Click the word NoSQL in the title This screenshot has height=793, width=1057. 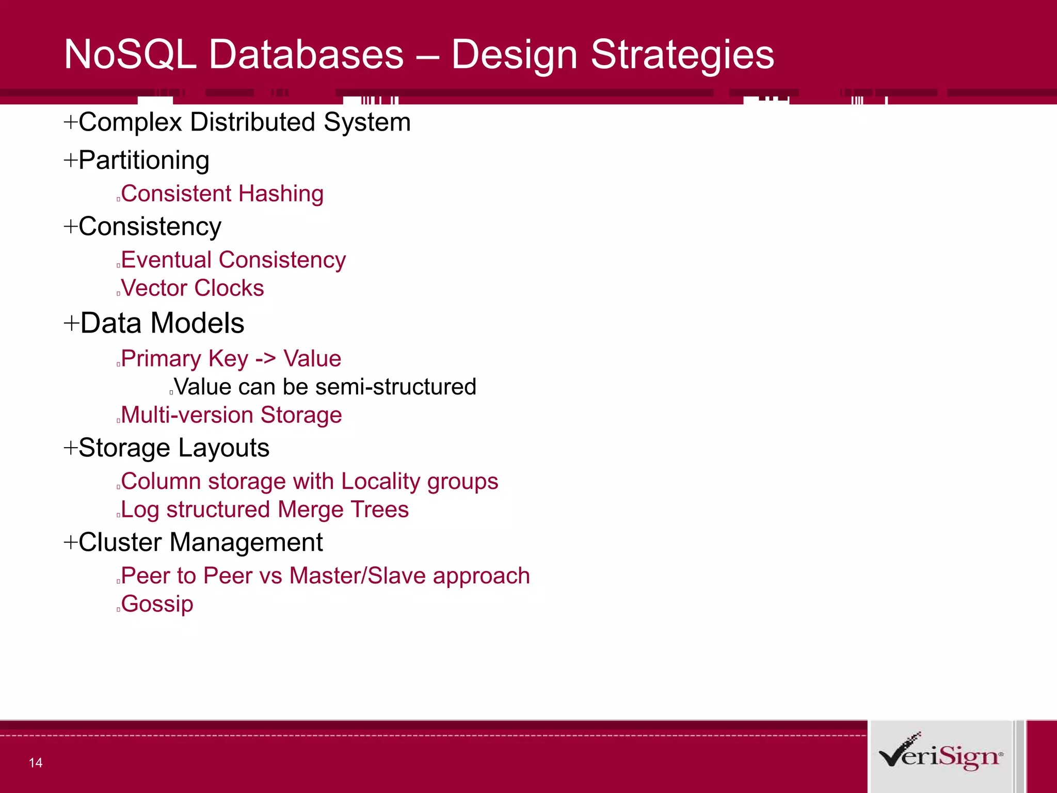click(x=130, y=54)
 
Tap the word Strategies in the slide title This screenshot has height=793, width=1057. click(x=682, y=54)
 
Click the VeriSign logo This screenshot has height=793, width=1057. click(x=940, y=755)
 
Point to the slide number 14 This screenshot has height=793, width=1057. click(x=36, y=763)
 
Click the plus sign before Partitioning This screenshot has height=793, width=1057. click(x=70, y=160)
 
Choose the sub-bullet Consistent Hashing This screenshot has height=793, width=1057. click(x=222, y=194)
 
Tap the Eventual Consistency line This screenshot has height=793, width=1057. click(x=233, y=260)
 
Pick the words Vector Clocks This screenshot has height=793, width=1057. click(x=193, y=288)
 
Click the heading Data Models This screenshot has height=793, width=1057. click(x=162, y=323)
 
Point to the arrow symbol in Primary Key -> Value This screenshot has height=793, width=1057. click(x=265, y=359)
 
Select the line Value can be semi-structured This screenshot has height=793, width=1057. click(x=325, y=387)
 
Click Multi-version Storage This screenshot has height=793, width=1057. click(x=231, y=415)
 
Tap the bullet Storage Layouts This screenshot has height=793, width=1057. click(x=173, y=448)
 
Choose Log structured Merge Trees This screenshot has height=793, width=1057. click(x=265, y=510)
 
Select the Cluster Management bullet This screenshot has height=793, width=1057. click(x=200, y=543)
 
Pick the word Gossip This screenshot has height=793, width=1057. click(x=157, y=604)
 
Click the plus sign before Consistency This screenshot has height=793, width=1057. click(x=70, y=226)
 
